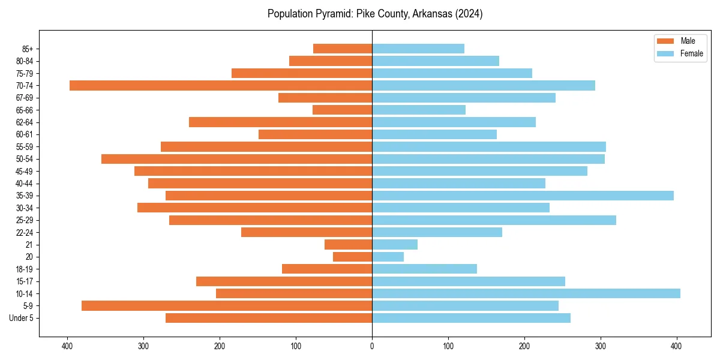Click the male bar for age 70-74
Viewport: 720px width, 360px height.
[221, 85]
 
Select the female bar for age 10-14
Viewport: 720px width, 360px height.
[526, 293]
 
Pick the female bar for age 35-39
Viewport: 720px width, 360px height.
[523, 196]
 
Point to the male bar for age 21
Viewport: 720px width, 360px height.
[349, 244]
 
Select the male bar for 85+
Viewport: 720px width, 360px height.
[343, 49]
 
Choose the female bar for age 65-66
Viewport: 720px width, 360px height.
[419, 110]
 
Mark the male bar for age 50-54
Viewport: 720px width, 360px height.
[237, 159]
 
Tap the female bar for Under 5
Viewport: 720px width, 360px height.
[471, 318]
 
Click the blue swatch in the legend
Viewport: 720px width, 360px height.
[665, 53]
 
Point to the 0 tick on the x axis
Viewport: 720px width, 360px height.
[372, 346]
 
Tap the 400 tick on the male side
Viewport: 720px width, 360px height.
[67, 346]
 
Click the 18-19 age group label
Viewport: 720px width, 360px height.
[24, 269]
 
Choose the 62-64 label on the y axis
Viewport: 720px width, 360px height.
[24, 122]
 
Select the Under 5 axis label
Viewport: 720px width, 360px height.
[21, 318]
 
